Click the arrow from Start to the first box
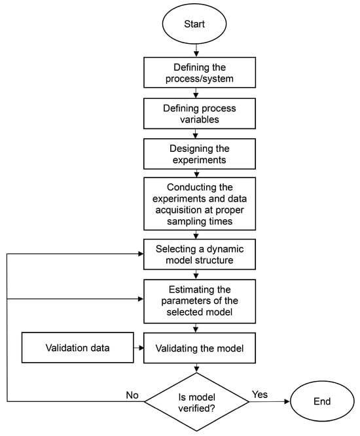click(195, 51)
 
